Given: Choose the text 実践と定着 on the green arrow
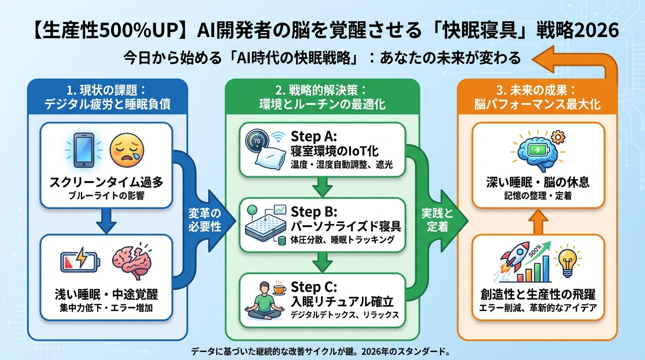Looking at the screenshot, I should [x=440, y=220].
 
